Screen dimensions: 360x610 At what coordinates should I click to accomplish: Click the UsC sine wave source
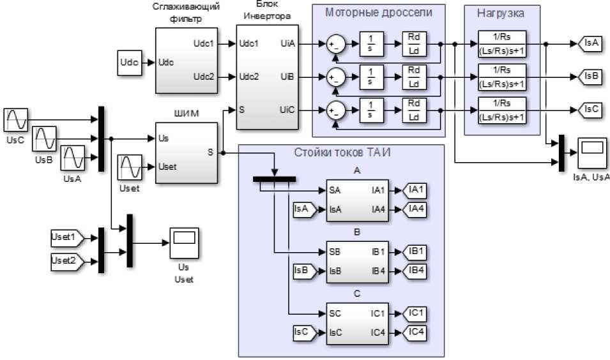[x=16, y=120]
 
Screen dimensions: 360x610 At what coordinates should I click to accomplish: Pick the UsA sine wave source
[x=72, y=158]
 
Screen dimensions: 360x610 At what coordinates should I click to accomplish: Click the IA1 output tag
[x=416, y=190]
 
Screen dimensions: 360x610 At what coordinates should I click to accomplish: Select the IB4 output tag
[x=416, y=270]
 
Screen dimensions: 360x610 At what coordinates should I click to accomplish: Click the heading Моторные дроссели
[x=379, y=12]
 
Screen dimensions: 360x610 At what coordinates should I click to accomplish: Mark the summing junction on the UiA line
[x=335, y=44]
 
